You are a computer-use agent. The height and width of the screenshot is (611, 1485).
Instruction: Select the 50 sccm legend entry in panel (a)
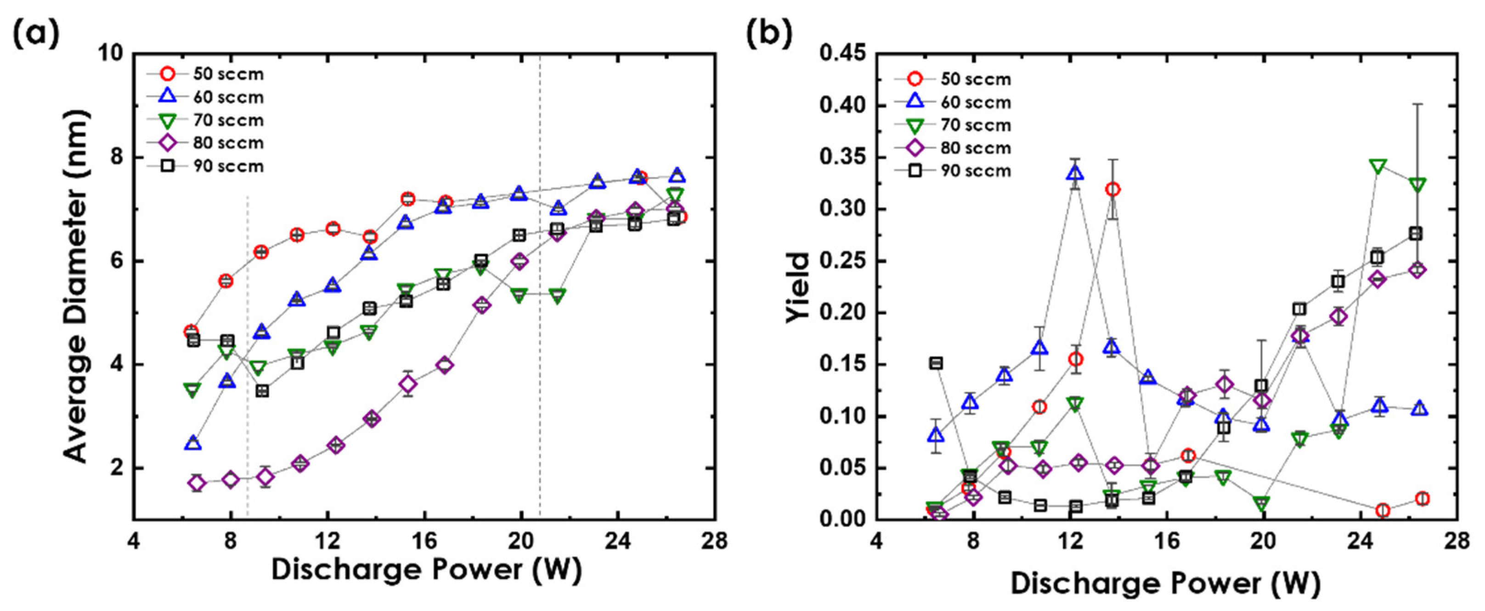(x=210, y=74)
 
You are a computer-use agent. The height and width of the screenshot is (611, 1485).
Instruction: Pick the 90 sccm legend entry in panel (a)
(x=210, y=167)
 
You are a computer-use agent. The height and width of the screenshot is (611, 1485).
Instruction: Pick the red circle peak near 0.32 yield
(x=1112, y=189)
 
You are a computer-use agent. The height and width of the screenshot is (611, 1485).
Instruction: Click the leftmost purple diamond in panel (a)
(x=197, y=483)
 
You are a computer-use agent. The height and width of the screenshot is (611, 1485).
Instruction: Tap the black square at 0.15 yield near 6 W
(x=936, y=363)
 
